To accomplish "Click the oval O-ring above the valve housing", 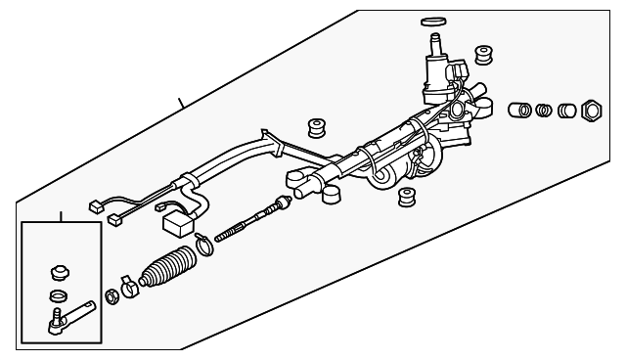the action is (x=431, y=20).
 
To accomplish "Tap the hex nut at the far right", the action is (x=591, y=110).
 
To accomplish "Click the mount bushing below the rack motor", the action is (x=405, y=199).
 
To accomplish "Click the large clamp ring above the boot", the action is (x=202, y=248).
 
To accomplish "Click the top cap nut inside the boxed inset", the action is (x=58, y=271).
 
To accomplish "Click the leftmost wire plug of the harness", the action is (x=96, y=206).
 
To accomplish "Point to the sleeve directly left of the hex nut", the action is (x=565, y=111).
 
